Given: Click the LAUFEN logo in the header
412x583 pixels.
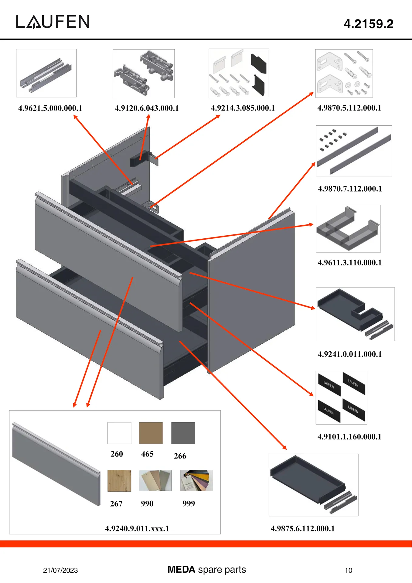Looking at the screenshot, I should pos(53,22).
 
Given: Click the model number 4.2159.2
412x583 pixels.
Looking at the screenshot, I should pos(368,24).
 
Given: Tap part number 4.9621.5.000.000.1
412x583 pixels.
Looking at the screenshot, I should pos(50,108).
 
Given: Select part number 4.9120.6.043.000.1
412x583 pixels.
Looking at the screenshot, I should pos(147,108).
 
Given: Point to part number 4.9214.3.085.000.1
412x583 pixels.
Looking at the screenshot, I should pos(243,108).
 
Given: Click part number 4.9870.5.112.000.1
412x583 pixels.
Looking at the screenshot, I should pos(349,108).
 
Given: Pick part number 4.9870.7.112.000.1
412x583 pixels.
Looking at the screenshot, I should pos(350,189).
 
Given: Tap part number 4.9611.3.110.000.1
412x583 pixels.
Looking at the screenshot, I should pos(349,262).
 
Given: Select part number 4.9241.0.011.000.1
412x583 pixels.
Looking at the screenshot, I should pos(349,354).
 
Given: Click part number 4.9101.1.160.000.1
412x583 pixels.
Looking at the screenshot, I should pos(349,437).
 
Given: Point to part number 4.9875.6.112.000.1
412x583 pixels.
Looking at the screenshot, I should pos(302,528).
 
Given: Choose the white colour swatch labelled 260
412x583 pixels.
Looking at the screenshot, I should pos(119,433).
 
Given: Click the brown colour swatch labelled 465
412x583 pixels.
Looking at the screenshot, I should pos(151,433).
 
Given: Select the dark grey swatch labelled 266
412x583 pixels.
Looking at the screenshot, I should pos(183,433).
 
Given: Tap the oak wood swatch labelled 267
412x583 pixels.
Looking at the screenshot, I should pos(119,480).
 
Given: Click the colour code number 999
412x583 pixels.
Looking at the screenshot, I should pos(189,503).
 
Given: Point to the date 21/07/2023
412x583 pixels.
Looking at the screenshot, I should pos(60,570).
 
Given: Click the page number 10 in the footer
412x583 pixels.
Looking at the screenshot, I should pos(349,570).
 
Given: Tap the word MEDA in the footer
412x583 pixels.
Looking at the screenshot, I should pos(181,569).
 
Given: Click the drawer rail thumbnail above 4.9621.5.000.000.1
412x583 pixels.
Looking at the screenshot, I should pos(46,73).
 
